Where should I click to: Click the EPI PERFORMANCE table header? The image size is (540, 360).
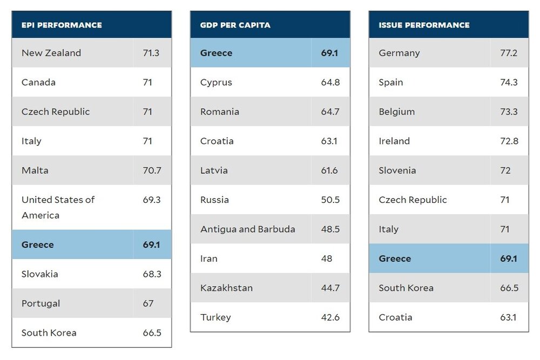62,25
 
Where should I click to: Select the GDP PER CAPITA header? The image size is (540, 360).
235,25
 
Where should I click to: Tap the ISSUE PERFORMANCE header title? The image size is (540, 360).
424,25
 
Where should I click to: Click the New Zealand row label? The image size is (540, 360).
51,53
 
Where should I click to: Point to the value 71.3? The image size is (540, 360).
151,53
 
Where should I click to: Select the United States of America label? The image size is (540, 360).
58,207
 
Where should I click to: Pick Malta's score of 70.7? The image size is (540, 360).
152,171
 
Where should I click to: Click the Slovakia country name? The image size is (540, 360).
40,274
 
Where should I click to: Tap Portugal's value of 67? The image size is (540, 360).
148,303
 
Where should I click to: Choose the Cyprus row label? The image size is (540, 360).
216,83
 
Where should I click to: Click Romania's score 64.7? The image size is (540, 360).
330,112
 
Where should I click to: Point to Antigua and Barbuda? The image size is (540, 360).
248,229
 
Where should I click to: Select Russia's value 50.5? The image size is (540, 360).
330,200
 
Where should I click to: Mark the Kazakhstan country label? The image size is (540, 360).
226,288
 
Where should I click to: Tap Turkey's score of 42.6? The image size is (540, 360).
330,317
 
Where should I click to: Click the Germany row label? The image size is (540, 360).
399,53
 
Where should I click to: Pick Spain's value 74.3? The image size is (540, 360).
509,83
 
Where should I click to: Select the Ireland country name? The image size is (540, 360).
394,141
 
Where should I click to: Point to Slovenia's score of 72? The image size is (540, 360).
505,171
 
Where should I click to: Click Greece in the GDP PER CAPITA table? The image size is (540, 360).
216,53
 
